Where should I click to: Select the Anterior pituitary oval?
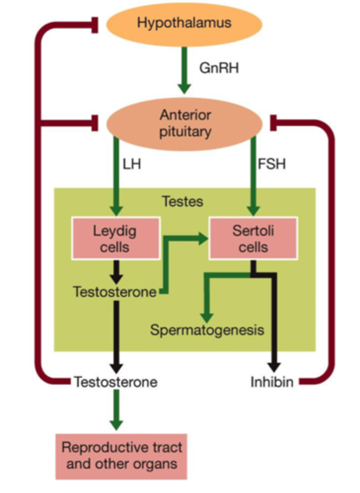(x=185, y=123)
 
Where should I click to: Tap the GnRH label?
(x=219, y=68)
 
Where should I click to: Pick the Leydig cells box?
(x=115, y=239)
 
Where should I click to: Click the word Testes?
(x=182, y=202)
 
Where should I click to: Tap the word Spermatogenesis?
(x=207, y=330)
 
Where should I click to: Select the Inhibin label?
(x=272, y=382)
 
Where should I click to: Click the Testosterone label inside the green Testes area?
(x=115, y=292)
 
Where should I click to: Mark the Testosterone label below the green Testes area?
(x=115, y=382)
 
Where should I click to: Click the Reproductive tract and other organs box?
(x=121, y=456)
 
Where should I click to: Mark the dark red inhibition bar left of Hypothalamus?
(x=95, y=24)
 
